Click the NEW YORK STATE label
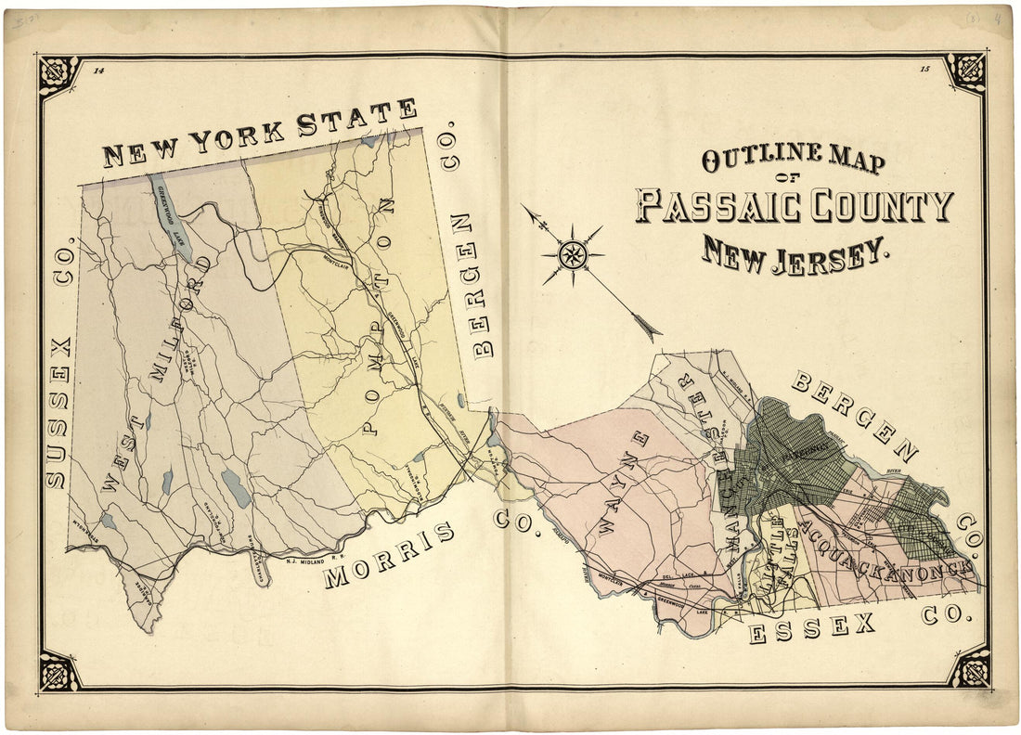tap(260, 133)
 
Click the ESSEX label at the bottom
tap(812, 628)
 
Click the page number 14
tap(98, 70)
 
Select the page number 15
tap(924, 70)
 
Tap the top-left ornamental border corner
tap(58, 74)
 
